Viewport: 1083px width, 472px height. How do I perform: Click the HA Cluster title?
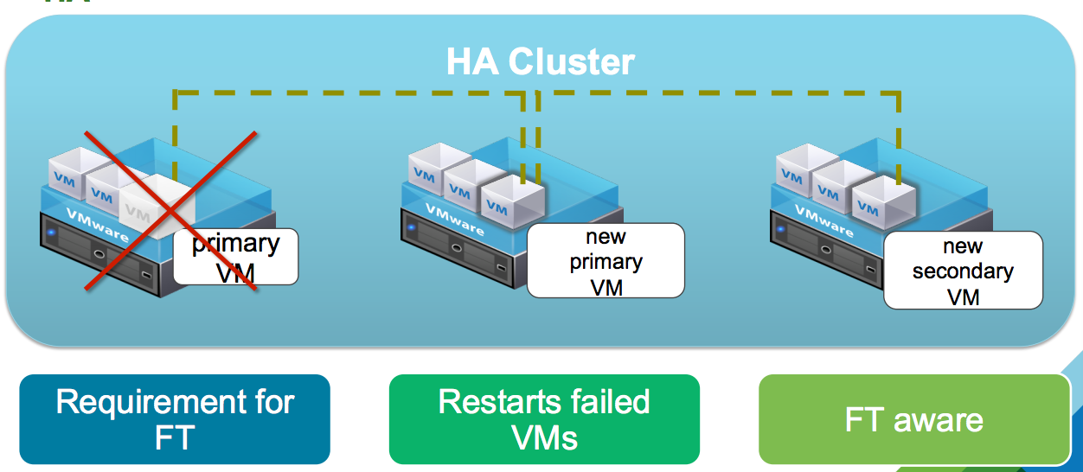tap(541, 62)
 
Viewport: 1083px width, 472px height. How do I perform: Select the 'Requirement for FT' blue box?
tap(175, 419)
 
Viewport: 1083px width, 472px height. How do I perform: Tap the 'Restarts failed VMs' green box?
tap(544, 419)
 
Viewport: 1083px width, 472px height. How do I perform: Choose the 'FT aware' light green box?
tap(914, 419)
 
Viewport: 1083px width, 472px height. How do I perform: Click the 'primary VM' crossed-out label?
tap(235, 257)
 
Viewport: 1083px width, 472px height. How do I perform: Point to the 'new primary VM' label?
tap(606, 260)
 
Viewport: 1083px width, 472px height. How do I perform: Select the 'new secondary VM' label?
tap(963, 270)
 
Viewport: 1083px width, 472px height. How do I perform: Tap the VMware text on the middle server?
tap(455, 219)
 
